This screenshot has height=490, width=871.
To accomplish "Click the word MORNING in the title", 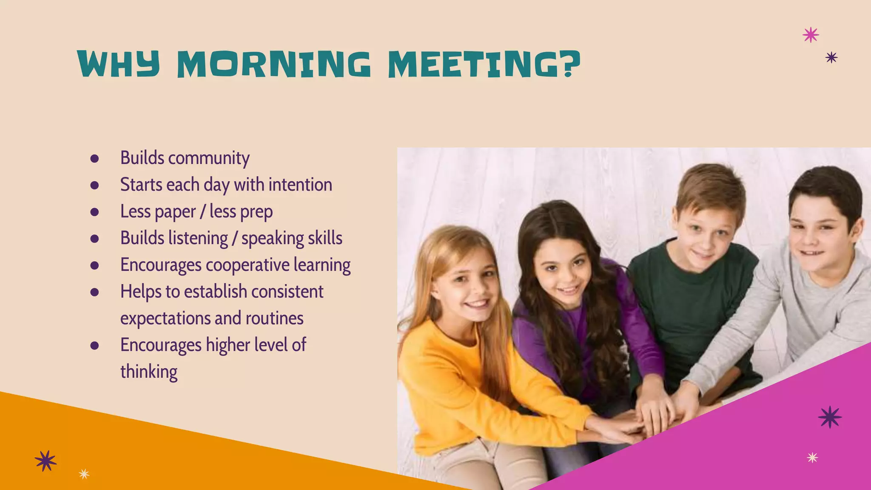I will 273,64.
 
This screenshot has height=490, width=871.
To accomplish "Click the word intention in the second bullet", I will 300,185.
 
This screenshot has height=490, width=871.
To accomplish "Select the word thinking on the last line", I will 149,372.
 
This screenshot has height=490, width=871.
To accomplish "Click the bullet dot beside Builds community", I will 94,159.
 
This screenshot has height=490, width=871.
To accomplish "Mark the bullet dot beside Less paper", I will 94,212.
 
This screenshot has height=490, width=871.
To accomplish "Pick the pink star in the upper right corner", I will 811,34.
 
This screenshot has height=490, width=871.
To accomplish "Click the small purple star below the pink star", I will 831,57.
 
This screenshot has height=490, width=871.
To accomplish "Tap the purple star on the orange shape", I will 46,461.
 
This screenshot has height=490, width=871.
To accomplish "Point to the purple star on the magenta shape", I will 830,417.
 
